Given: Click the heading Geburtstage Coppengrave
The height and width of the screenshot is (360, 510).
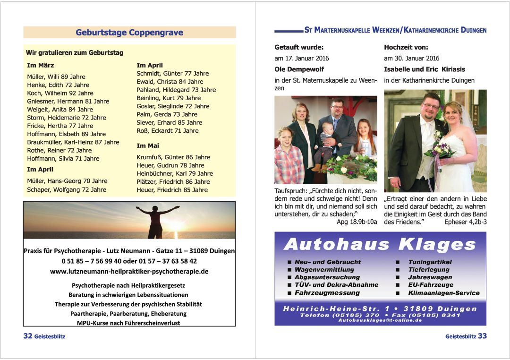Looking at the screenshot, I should click(x=129, y=33).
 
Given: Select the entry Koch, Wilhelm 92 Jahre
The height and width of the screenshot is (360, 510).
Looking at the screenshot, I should click(x=60, y=93).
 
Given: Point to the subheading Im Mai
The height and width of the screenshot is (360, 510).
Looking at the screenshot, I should click(x=148, y=146).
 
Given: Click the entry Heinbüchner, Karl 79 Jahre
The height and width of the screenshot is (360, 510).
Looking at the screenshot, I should click(x=174, y=173).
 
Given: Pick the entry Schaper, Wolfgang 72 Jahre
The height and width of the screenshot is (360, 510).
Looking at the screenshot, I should click(x=67, y=189).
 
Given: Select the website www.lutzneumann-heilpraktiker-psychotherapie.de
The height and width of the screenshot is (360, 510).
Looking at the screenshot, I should click(x=129, y=272).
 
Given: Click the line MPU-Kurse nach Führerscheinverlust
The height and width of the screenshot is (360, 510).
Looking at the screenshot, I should click(x=128, y=323).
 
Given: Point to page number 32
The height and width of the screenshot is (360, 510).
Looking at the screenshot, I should click(x=28, y=336).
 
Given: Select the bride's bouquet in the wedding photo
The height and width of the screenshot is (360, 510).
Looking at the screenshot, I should click(x=440, y=148).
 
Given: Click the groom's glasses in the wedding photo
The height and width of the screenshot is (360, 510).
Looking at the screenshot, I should click(x=430, y=106).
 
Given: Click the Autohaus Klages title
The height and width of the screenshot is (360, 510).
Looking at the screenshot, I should click(x=380, y=244).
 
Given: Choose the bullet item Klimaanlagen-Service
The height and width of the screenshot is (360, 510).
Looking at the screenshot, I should click(x=443, y=293).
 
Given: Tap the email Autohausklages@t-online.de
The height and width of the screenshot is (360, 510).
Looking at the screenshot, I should click(x=380, y=320).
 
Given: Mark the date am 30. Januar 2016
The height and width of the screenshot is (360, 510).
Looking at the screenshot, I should click(x=411, y=59).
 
